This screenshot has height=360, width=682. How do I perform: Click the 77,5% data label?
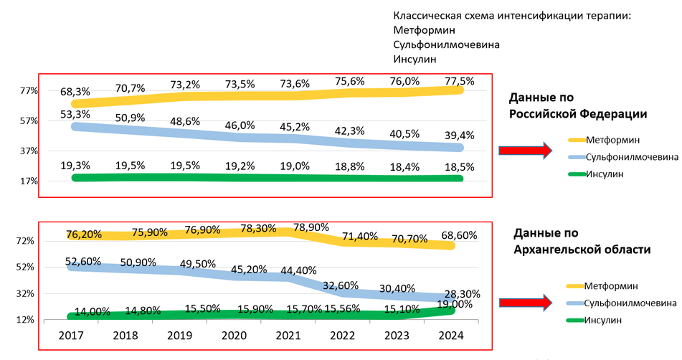[x=460, y=81]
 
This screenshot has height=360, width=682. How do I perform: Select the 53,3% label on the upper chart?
[x=75, y=114]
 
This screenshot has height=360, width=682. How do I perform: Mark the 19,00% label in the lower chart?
[x=460, y=304]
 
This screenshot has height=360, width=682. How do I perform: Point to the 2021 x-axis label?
[x=288, y=335]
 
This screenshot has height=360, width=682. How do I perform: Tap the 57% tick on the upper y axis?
[x=29, y=120]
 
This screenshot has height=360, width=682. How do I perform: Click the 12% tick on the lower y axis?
[x=26, y=320]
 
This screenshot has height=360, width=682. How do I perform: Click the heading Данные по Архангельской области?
[x=582, y=242]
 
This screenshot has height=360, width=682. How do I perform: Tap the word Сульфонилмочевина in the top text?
[x=446, y=44]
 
